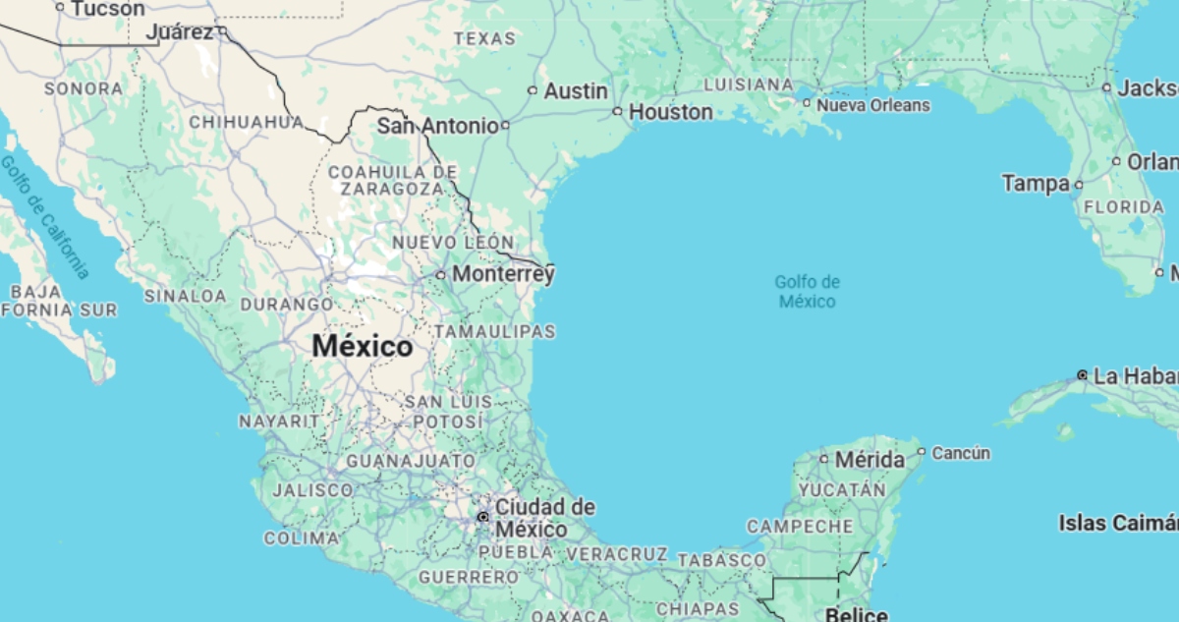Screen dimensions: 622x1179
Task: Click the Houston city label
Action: tap(671, 112)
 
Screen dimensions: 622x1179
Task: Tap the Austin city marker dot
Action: tap(533, 90)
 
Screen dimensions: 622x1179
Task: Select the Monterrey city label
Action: tap(503, 274)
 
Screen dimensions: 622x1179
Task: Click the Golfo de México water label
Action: tap(807, 292)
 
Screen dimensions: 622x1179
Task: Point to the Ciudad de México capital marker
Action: tap(482, 516)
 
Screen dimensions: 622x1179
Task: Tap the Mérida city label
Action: tap(870, 459)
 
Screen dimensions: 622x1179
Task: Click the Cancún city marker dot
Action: tap(922, 452)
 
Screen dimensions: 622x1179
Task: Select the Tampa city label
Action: tap(1036, 184)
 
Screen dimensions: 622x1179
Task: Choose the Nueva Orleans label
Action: tap(872, 104)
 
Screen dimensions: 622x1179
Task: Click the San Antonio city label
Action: tap(437, 126)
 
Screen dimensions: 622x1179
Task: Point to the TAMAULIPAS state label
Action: tap(494, 332)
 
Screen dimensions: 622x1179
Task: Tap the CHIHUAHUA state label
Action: tap(246, 122)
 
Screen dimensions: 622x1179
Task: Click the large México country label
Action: tap(363, 347)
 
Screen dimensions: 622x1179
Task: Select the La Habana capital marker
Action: tap(1082, 375)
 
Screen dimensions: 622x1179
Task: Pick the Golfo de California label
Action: tap(45, 216)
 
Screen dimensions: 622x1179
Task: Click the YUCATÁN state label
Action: tap(842, 488)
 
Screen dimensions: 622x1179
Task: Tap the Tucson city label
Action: tap(107, 9)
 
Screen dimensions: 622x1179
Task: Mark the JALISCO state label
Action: tap(311, 489)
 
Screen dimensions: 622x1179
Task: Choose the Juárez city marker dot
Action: tap(222, 31)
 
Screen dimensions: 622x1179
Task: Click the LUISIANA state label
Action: tap(748, 85)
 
